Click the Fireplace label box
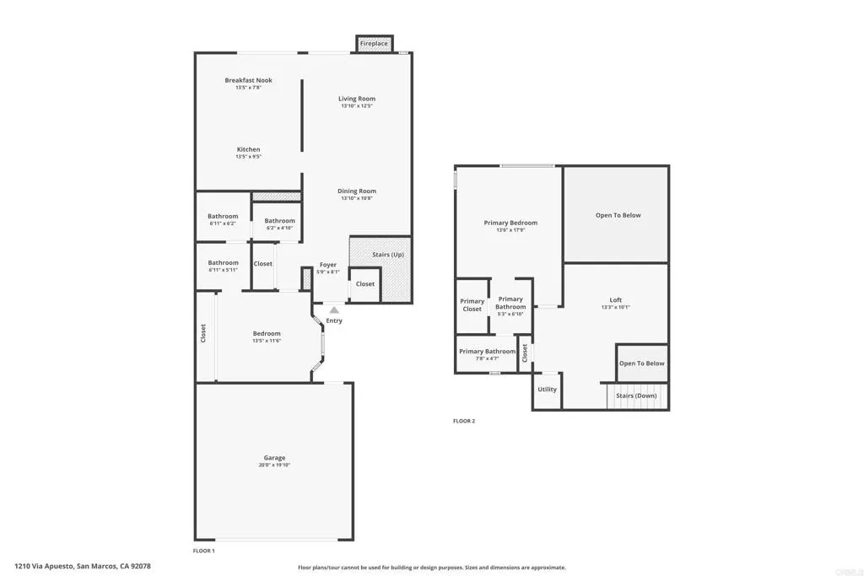click(374, 43)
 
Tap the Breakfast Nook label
click(248, 80)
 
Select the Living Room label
click(357, 99)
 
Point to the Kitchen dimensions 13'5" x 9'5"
click(248, 157)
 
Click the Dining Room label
click(357, 191)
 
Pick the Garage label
click(274, 458)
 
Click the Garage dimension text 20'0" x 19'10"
click(274, 466)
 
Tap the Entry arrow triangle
click(334, 310)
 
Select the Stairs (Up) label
click(388, 254)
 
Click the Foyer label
click(327, 265)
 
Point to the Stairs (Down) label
click(636, 396)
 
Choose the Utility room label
click(547, 390)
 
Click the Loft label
click(616, 300)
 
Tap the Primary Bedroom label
click(510, 223)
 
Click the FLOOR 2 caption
click(464, 421)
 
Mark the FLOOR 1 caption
click(204, 551)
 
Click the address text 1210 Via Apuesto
click(46, 567)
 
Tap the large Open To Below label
click(618, 215)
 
